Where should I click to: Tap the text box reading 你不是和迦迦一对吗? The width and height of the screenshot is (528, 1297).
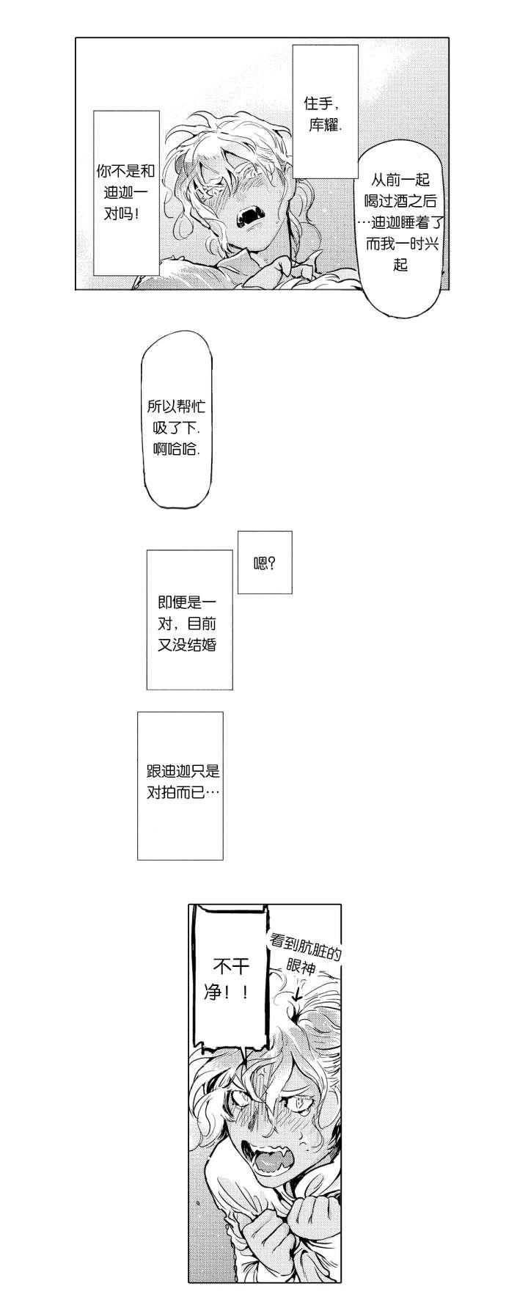tap(126, 192)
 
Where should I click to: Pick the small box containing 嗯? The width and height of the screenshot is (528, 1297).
tap(264, 563)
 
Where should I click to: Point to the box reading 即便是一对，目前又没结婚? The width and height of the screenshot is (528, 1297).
tap(189, 620)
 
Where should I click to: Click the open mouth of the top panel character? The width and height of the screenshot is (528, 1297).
tap(245, 214)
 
